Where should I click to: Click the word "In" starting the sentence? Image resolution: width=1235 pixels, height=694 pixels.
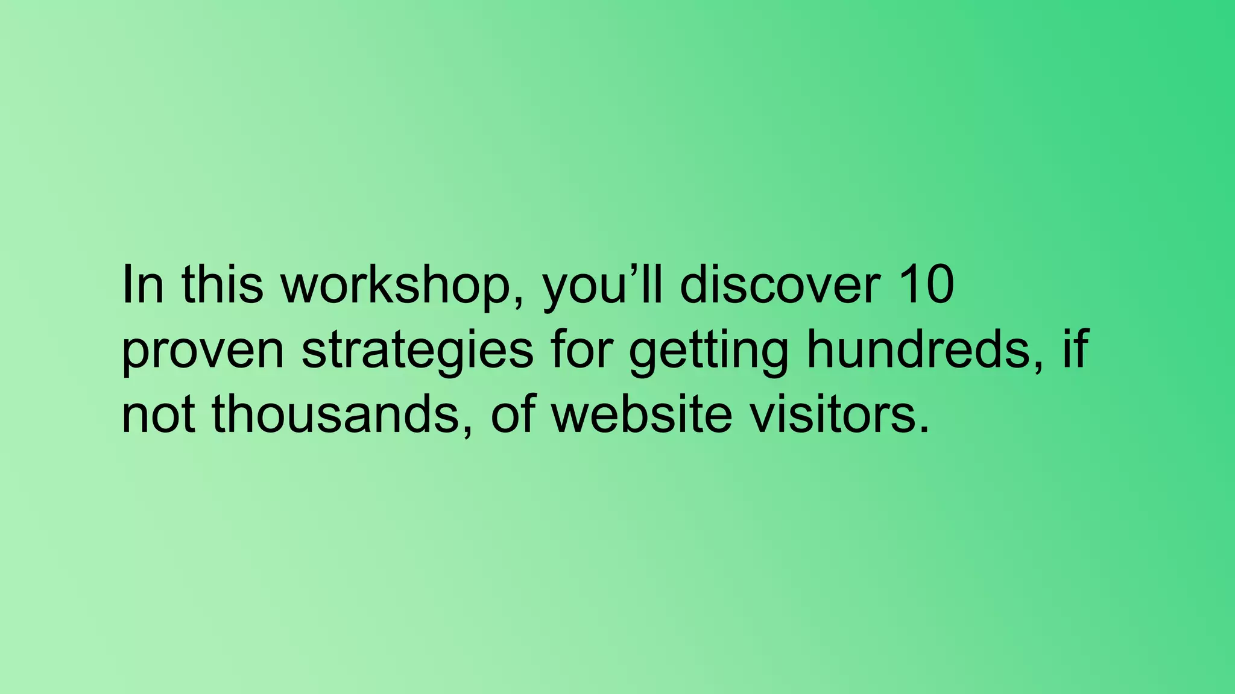click(142, 284)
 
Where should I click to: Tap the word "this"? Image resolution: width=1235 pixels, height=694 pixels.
click(222, 284)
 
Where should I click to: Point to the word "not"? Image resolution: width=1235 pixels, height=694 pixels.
click(158, 416)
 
